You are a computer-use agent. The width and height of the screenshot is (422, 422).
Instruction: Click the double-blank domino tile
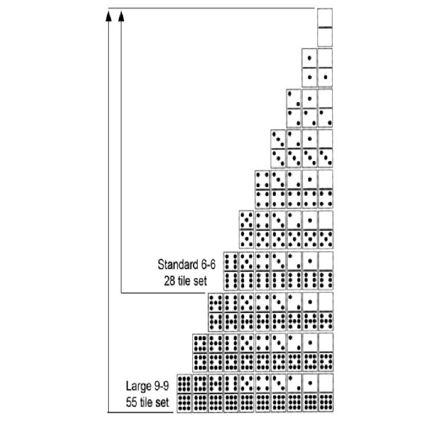point(325,28)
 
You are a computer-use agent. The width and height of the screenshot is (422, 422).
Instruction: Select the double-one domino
point(310,68)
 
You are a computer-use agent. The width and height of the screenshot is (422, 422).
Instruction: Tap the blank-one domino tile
point(325,68)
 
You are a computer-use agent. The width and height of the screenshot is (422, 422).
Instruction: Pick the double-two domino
point(294,108)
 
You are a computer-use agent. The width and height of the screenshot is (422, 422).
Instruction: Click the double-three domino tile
point(279,149)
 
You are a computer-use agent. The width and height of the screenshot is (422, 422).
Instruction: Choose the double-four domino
point(262,189)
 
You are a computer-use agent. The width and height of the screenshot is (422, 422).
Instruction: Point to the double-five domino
point(246,229)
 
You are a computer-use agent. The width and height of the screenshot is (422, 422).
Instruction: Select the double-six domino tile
point(231,271)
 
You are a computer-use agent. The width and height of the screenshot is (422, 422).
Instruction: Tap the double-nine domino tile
point(184,393)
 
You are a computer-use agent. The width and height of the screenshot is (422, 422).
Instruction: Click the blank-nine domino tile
point(326,393)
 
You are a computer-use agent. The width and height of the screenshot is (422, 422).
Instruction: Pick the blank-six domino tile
point(326,271)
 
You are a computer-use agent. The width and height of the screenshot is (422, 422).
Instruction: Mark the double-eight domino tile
point(200,352)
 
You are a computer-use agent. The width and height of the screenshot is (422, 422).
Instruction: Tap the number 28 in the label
point(169,281)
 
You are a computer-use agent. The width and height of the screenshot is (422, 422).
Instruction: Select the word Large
point(138,386)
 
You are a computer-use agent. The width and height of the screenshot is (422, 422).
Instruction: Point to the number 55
point(131,402)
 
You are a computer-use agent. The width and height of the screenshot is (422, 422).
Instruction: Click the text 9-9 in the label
point(161,386)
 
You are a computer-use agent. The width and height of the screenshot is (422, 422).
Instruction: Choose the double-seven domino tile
point(215,312)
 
